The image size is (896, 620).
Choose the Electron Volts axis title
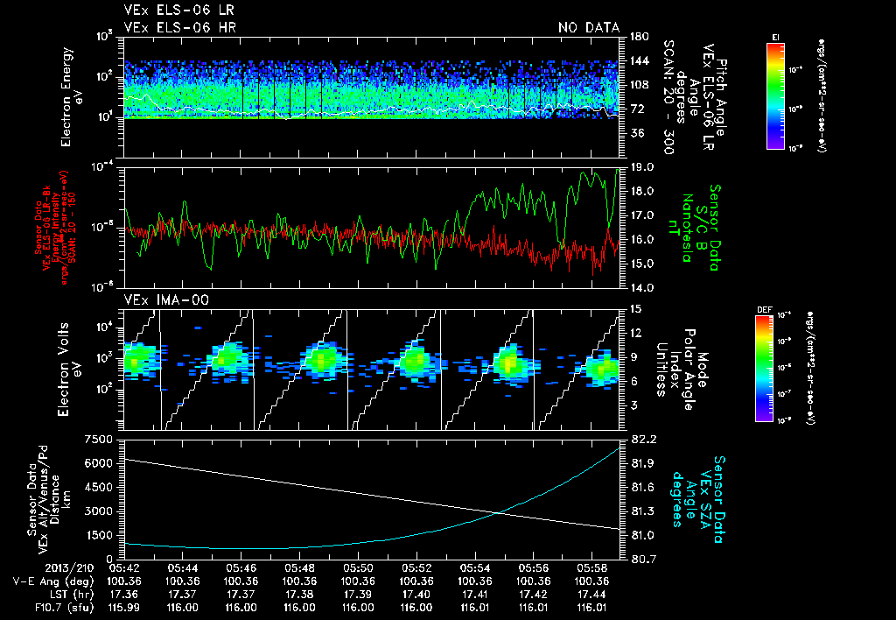(72, 369)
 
